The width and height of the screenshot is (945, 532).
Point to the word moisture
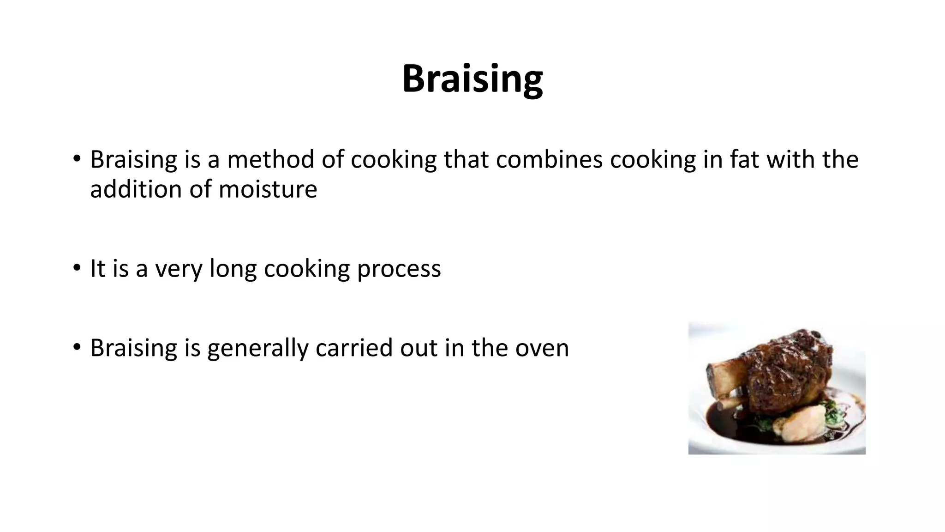[268, 189]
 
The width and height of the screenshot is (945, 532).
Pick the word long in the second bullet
[233, 269]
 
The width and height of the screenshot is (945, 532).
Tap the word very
[178, 269]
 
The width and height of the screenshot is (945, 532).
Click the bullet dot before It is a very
[77, 268]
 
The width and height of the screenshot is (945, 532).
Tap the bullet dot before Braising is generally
[77, 347]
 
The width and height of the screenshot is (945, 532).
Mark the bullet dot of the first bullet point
[77, 158]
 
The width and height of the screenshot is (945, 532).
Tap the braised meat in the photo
[784, 369]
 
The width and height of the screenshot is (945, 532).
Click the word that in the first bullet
[466, 159]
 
